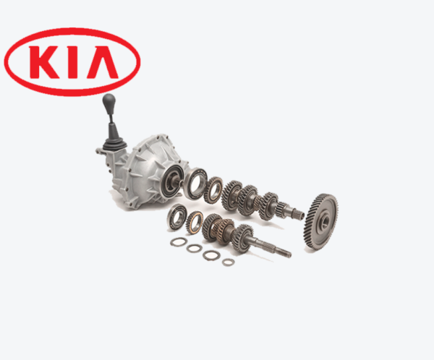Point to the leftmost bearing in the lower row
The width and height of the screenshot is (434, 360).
click(x=176, y=216)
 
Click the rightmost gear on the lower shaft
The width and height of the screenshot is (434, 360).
click(x=244, y=236)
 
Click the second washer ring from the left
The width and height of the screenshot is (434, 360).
click(x=194, y=248)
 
